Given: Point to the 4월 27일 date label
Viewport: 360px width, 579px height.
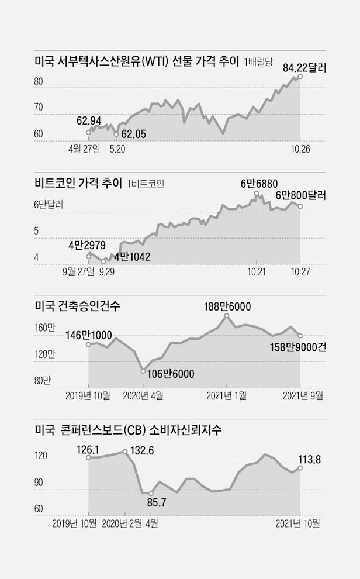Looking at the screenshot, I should [x=84, y=149].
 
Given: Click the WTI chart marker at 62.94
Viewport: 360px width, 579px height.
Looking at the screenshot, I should [x=89, y=132].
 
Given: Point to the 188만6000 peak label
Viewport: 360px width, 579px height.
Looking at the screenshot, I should [x=227, y=305].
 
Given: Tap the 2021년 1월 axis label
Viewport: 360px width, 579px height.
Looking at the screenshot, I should [x=227, y=396].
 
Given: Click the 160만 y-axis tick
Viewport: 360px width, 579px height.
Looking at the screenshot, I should [x=45, y=328].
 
